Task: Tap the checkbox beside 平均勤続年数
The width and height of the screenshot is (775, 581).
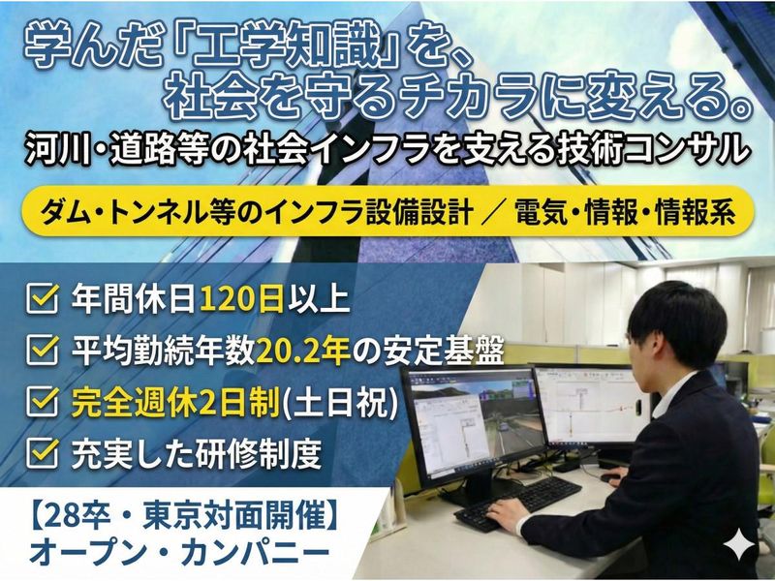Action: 40,351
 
